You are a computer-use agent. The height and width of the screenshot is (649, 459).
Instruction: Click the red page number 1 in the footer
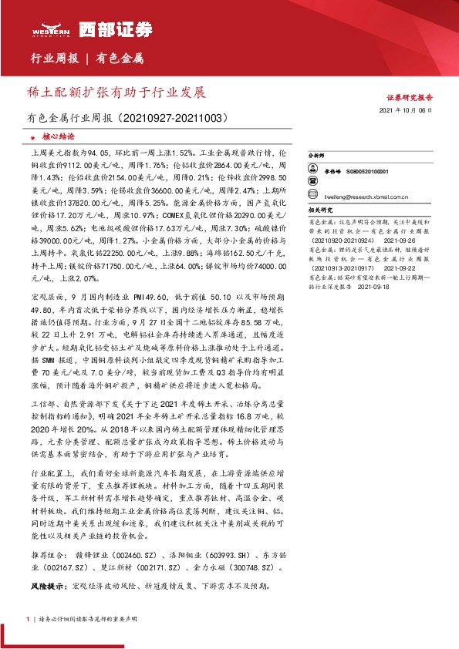coord(29,619)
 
